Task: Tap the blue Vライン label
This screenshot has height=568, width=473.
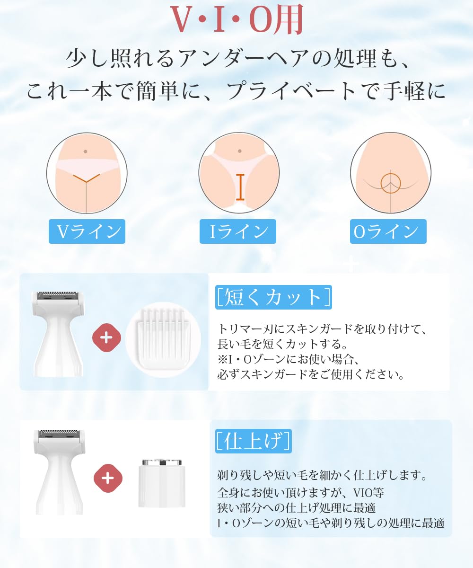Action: [x=87, y=231]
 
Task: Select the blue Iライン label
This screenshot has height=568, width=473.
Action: [x=238, y=231]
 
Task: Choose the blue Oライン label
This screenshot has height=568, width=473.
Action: [x=388, y=231]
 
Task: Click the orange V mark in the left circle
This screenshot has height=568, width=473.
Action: [x=87, y=178]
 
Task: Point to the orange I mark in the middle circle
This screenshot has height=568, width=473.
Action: [x=240, y=187]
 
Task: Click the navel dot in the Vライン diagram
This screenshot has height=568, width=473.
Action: [x=85, y=151]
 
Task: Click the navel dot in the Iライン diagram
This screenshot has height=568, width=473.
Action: [x=239, y=151]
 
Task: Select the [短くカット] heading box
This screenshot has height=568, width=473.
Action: [x=273, y=297]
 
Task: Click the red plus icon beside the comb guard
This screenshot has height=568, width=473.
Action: [x=106, y=337]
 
